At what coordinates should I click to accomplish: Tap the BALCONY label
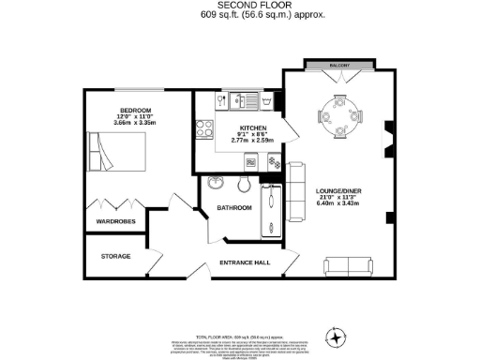(339, 66)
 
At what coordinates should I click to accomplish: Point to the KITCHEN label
(253, 128)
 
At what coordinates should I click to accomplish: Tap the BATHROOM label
(234, 207)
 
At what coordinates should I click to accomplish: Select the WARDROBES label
(116, 221)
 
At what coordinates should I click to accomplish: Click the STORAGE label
(116, 256)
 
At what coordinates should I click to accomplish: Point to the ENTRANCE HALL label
(245, 262)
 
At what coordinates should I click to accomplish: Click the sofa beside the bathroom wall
(297, 191)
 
